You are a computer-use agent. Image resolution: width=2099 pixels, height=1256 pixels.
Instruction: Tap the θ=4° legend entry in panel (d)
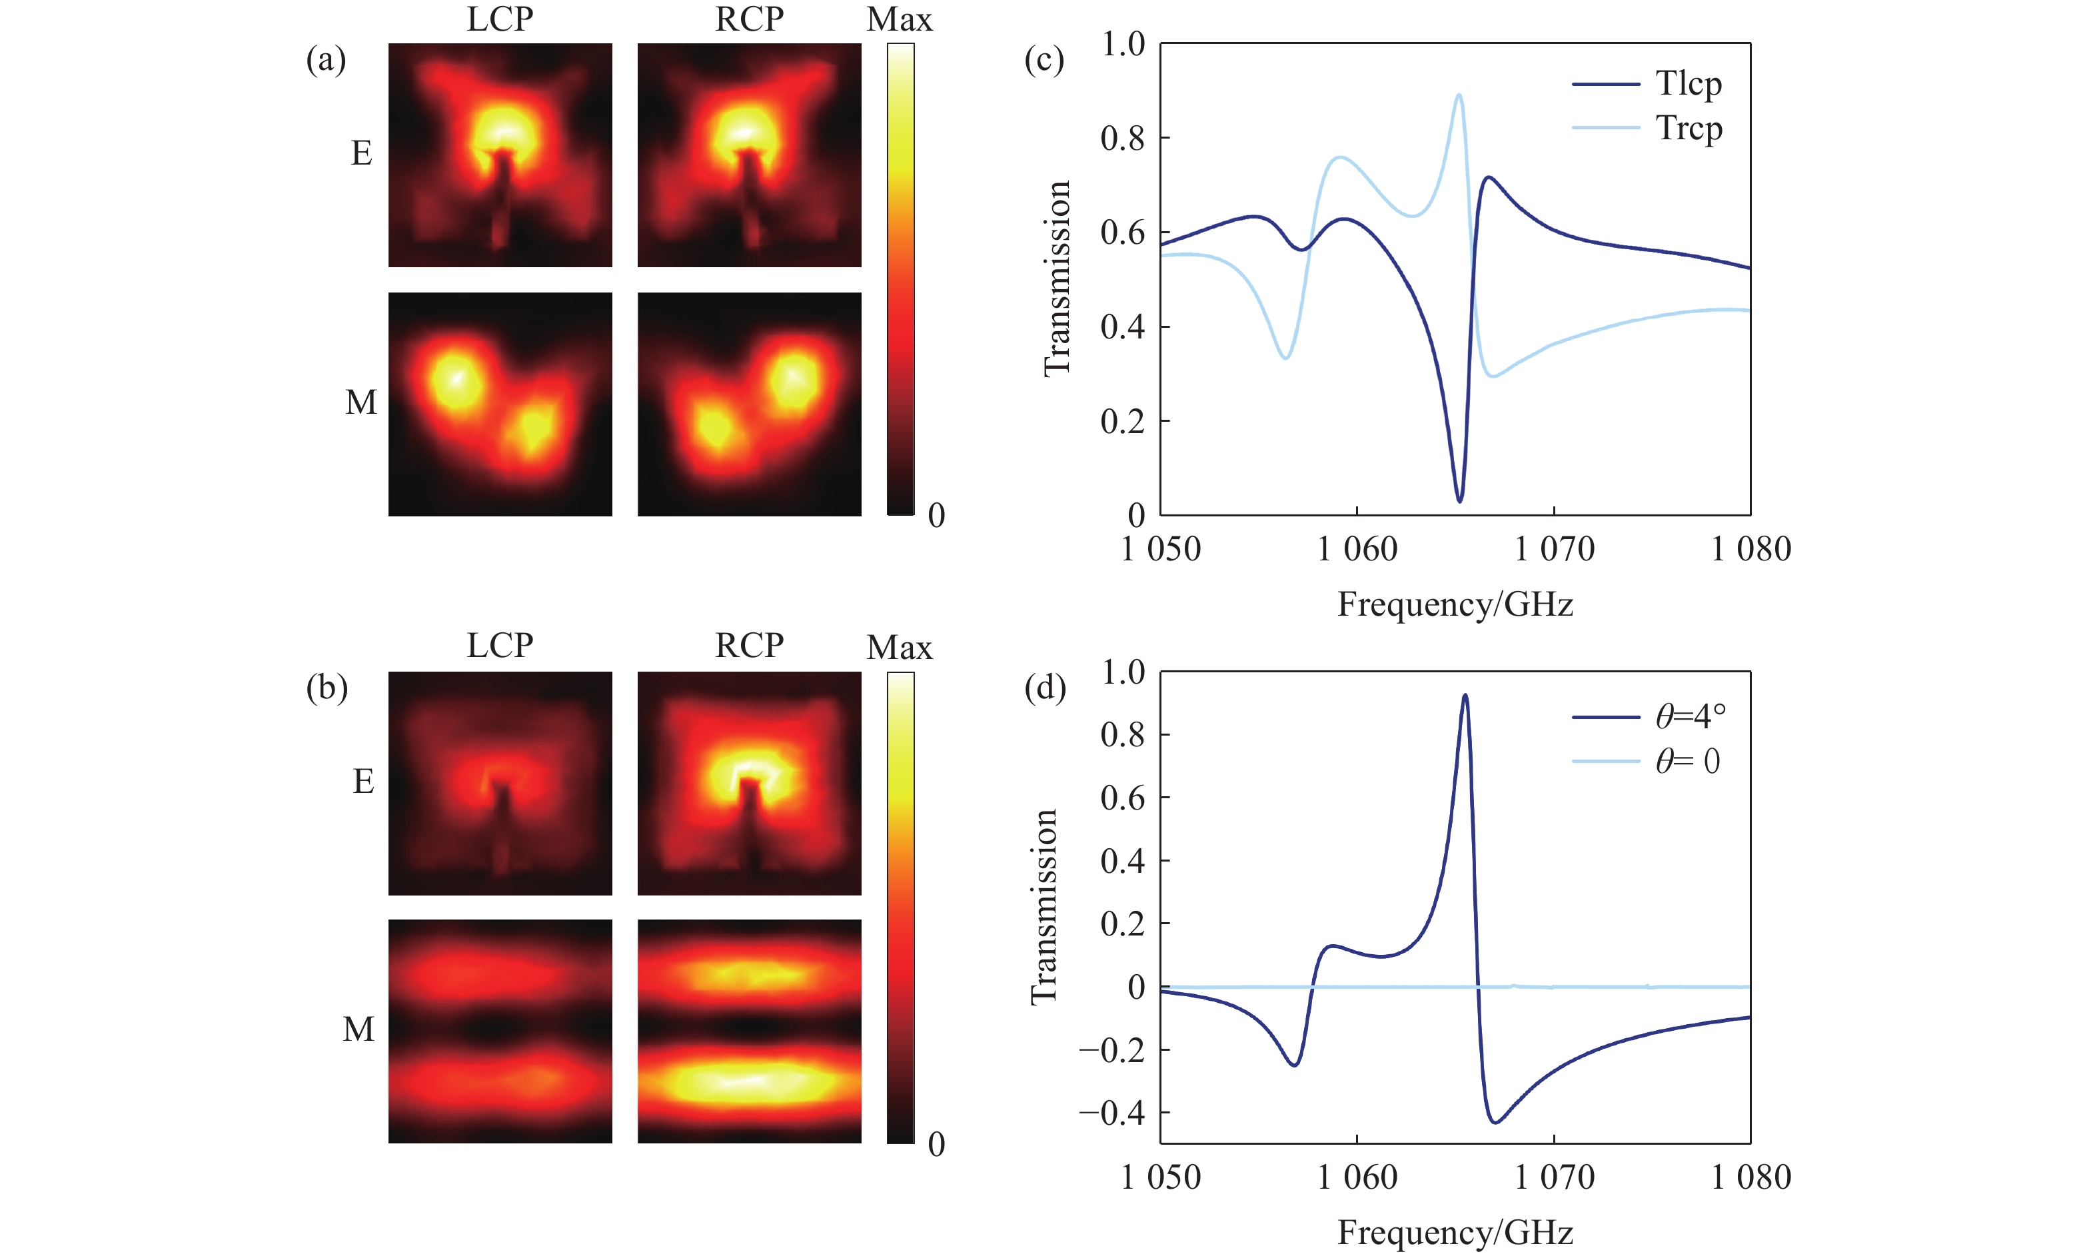click(1689, 717)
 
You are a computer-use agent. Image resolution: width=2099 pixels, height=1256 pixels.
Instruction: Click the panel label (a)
click(326, 60)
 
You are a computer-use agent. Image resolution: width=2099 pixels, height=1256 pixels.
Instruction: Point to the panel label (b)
click(327, 688)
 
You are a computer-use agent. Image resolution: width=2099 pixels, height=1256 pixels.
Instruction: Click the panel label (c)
click(1044, 60)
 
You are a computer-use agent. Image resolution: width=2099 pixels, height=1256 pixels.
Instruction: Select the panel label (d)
click(1044, 688)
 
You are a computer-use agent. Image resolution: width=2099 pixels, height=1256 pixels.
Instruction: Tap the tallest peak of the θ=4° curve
click(1465, 696)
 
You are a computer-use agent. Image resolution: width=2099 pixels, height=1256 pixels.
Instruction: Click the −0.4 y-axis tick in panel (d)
click(1111, 1113)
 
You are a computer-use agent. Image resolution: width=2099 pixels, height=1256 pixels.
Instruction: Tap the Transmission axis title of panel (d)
click(1044, 906)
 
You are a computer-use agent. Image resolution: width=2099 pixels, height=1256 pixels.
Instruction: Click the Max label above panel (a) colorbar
click(899, 20)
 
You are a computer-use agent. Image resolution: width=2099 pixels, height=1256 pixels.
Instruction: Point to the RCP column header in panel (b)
click(749, 646)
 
